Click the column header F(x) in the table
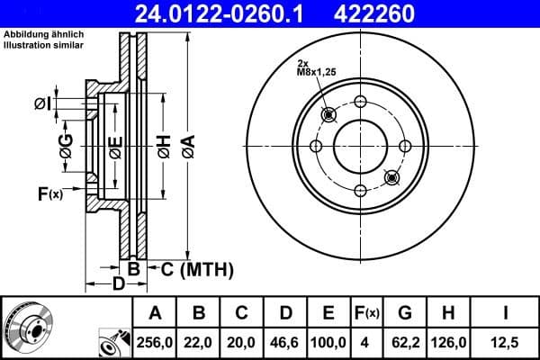367,313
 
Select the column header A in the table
155,313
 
